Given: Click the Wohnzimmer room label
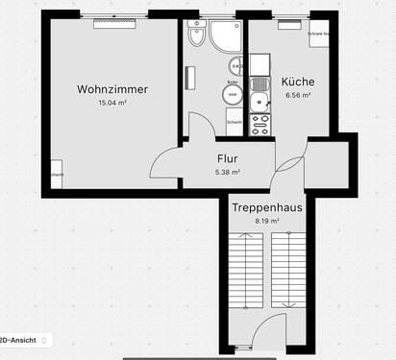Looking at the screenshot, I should click(x=112, y=89).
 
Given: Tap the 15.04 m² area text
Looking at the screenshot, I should click(x=112, y=104).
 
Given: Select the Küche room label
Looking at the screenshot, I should click(x=298, y=82).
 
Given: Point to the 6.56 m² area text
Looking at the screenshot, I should click(x=298, y=96).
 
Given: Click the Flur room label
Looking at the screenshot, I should click(x=228, y=158).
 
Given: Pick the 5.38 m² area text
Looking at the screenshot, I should click(x=228, y=173).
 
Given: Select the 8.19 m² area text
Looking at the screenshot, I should click(x=266, y=221).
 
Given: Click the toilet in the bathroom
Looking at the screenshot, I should click(x=197, y=36).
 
